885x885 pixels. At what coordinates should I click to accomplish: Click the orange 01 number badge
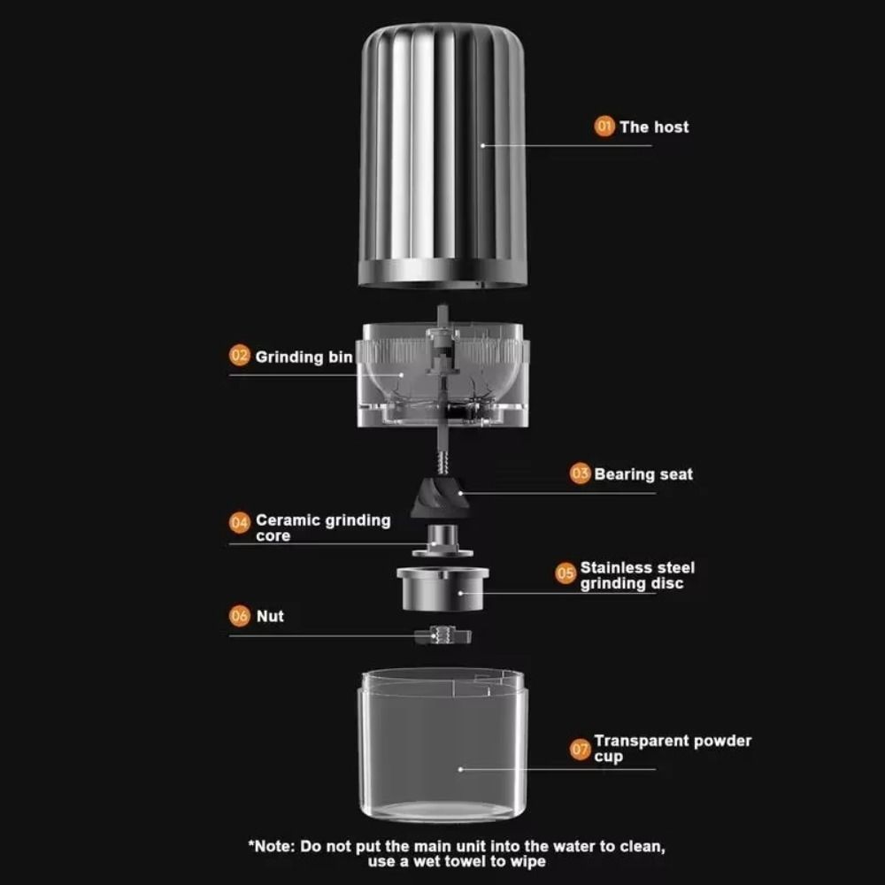coord(604,127)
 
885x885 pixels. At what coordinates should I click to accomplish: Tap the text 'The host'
coord(654,127)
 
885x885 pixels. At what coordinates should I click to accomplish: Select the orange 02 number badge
coord(240,356)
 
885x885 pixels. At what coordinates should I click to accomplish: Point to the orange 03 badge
coord(580,473)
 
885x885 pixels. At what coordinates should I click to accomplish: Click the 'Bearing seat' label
coord(643,473)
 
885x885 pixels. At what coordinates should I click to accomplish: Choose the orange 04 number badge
coord(240,522)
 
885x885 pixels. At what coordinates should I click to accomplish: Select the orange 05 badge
coord(566,573)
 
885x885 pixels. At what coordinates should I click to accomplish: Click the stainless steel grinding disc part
coord(442,587)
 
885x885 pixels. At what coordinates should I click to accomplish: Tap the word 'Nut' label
coord(270,615)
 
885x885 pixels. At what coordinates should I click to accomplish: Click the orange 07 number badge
coord(580,750)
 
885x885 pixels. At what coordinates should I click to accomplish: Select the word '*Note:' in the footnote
coord(273,846)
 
